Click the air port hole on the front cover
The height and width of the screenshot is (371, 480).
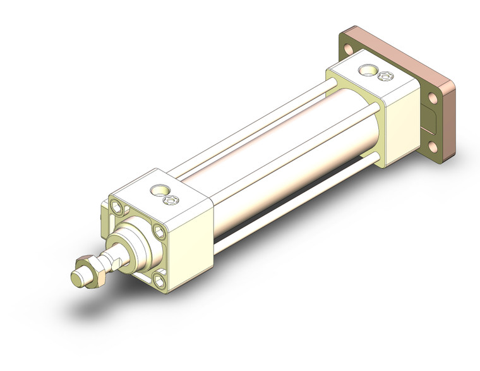click(x=157, y=189)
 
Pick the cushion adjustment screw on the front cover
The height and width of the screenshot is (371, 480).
click(x=169, y=200)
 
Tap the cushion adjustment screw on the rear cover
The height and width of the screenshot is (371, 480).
click(x=383, y=76)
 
